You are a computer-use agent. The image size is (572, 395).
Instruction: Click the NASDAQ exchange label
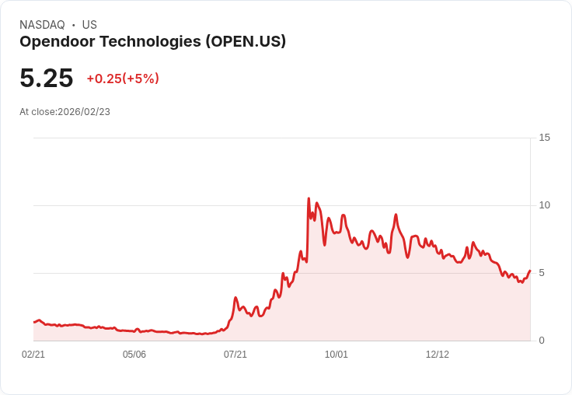[x=42, y=25]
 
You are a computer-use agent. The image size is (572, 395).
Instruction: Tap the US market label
[x=89, y=25]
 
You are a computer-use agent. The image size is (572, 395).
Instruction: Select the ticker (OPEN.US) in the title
[x=246, y=41]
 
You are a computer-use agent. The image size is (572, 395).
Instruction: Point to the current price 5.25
[x=46, y=78]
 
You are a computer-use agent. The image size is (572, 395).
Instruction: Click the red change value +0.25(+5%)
[x=123, y=79]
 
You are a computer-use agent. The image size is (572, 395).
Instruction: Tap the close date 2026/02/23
[x=84, y=112]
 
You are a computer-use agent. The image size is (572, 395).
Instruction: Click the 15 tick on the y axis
[x=544, y=138]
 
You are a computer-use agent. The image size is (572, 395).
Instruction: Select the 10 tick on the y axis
[x=544, y=205]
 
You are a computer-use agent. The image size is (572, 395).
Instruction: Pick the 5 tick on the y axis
[x=542, y=273]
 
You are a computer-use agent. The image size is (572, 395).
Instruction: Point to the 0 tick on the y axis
[x=542, y=341]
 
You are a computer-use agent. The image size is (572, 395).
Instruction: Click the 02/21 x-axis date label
[x=33, y=355]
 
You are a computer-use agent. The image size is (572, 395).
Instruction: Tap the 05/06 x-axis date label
[x=134, y=355]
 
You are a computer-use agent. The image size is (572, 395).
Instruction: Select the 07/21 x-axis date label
[x=235, y=355]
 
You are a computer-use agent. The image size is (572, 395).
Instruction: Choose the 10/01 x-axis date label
[x=337, y=355]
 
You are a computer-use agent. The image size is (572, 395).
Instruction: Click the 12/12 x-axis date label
[x=438, y=355]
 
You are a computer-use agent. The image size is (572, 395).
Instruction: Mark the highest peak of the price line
[x=309, y=199]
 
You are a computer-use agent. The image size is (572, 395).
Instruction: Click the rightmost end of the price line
[x=530, y=271]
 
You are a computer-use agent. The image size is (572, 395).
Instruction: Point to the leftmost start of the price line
[x=34, y=322]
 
